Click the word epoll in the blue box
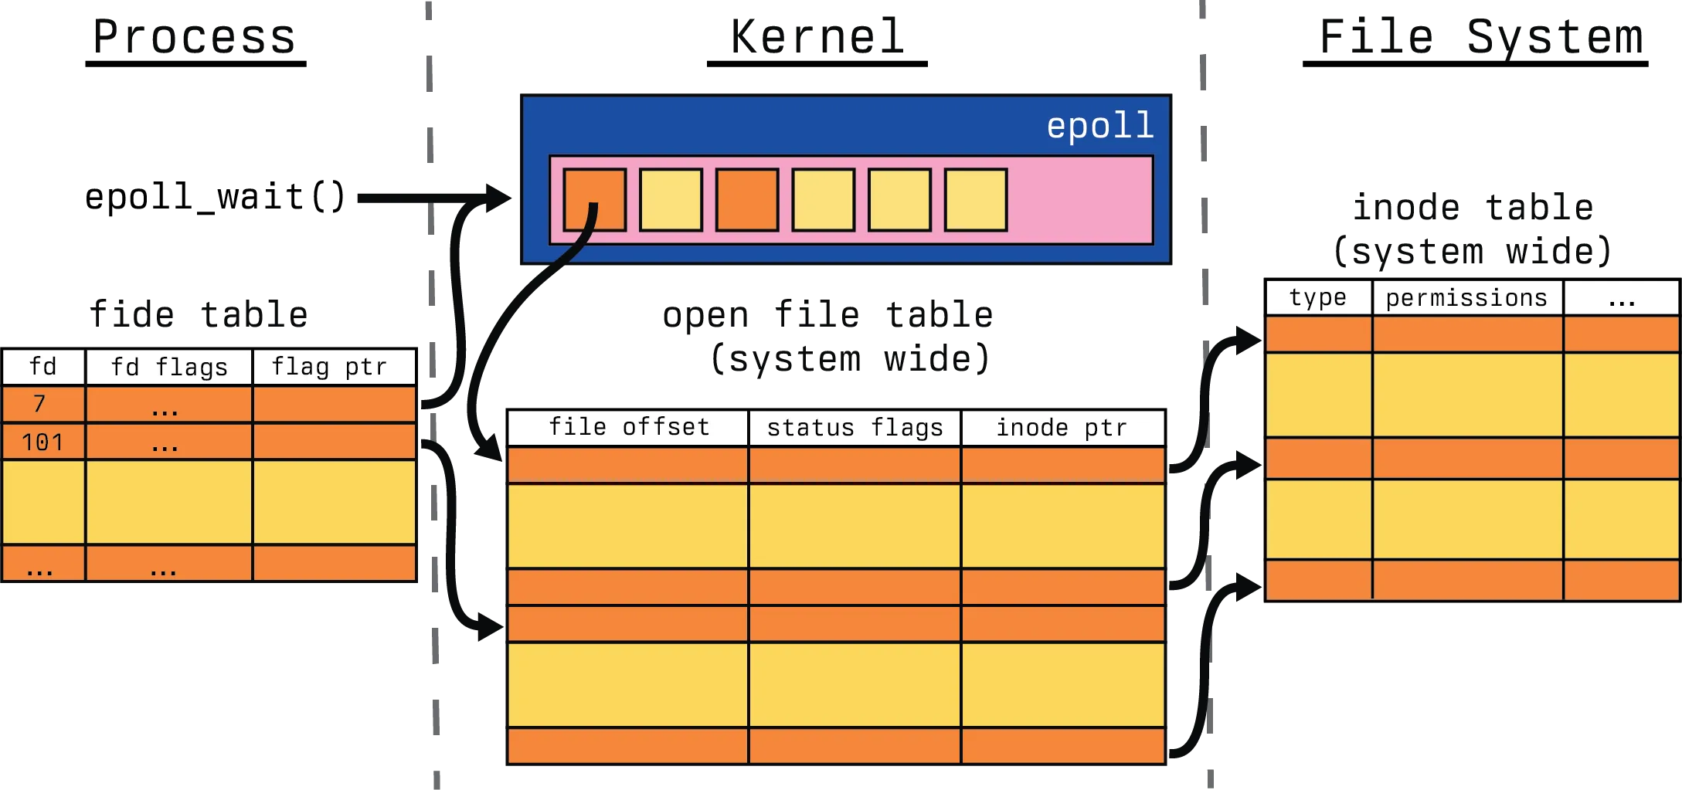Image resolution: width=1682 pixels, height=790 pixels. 1099,126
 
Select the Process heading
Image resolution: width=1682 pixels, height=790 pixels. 194,39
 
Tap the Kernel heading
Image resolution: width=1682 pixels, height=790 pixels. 818,39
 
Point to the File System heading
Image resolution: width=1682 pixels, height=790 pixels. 1473,39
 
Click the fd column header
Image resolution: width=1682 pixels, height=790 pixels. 43,367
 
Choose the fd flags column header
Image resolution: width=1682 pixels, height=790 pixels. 169,367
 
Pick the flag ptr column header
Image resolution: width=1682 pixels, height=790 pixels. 330,367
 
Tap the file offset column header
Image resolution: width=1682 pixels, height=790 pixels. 629,427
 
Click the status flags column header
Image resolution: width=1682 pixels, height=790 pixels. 855,428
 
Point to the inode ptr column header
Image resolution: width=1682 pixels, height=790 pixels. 1062,428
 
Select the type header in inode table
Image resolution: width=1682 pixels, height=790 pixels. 1318,298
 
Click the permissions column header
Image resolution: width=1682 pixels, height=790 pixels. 1466,298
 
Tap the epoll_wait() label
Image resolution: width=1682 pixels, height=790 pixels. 216,197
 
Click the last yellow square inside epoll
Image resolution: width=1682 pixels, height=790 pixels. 976,200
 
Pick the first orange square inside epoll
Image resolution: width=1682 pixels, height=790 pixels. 594,200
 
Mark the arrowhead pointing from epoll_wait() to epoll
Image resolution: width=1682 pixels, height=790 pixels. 498,197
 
